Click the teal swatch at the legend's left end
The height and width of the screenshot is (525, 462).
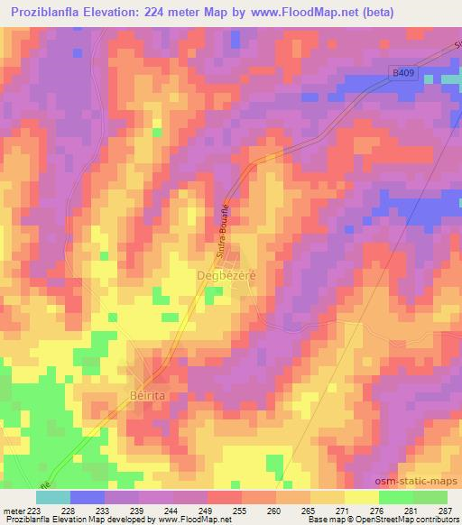pos(52,497)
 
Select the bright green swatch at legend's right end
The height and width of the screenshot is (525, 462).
pos(430,497)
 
